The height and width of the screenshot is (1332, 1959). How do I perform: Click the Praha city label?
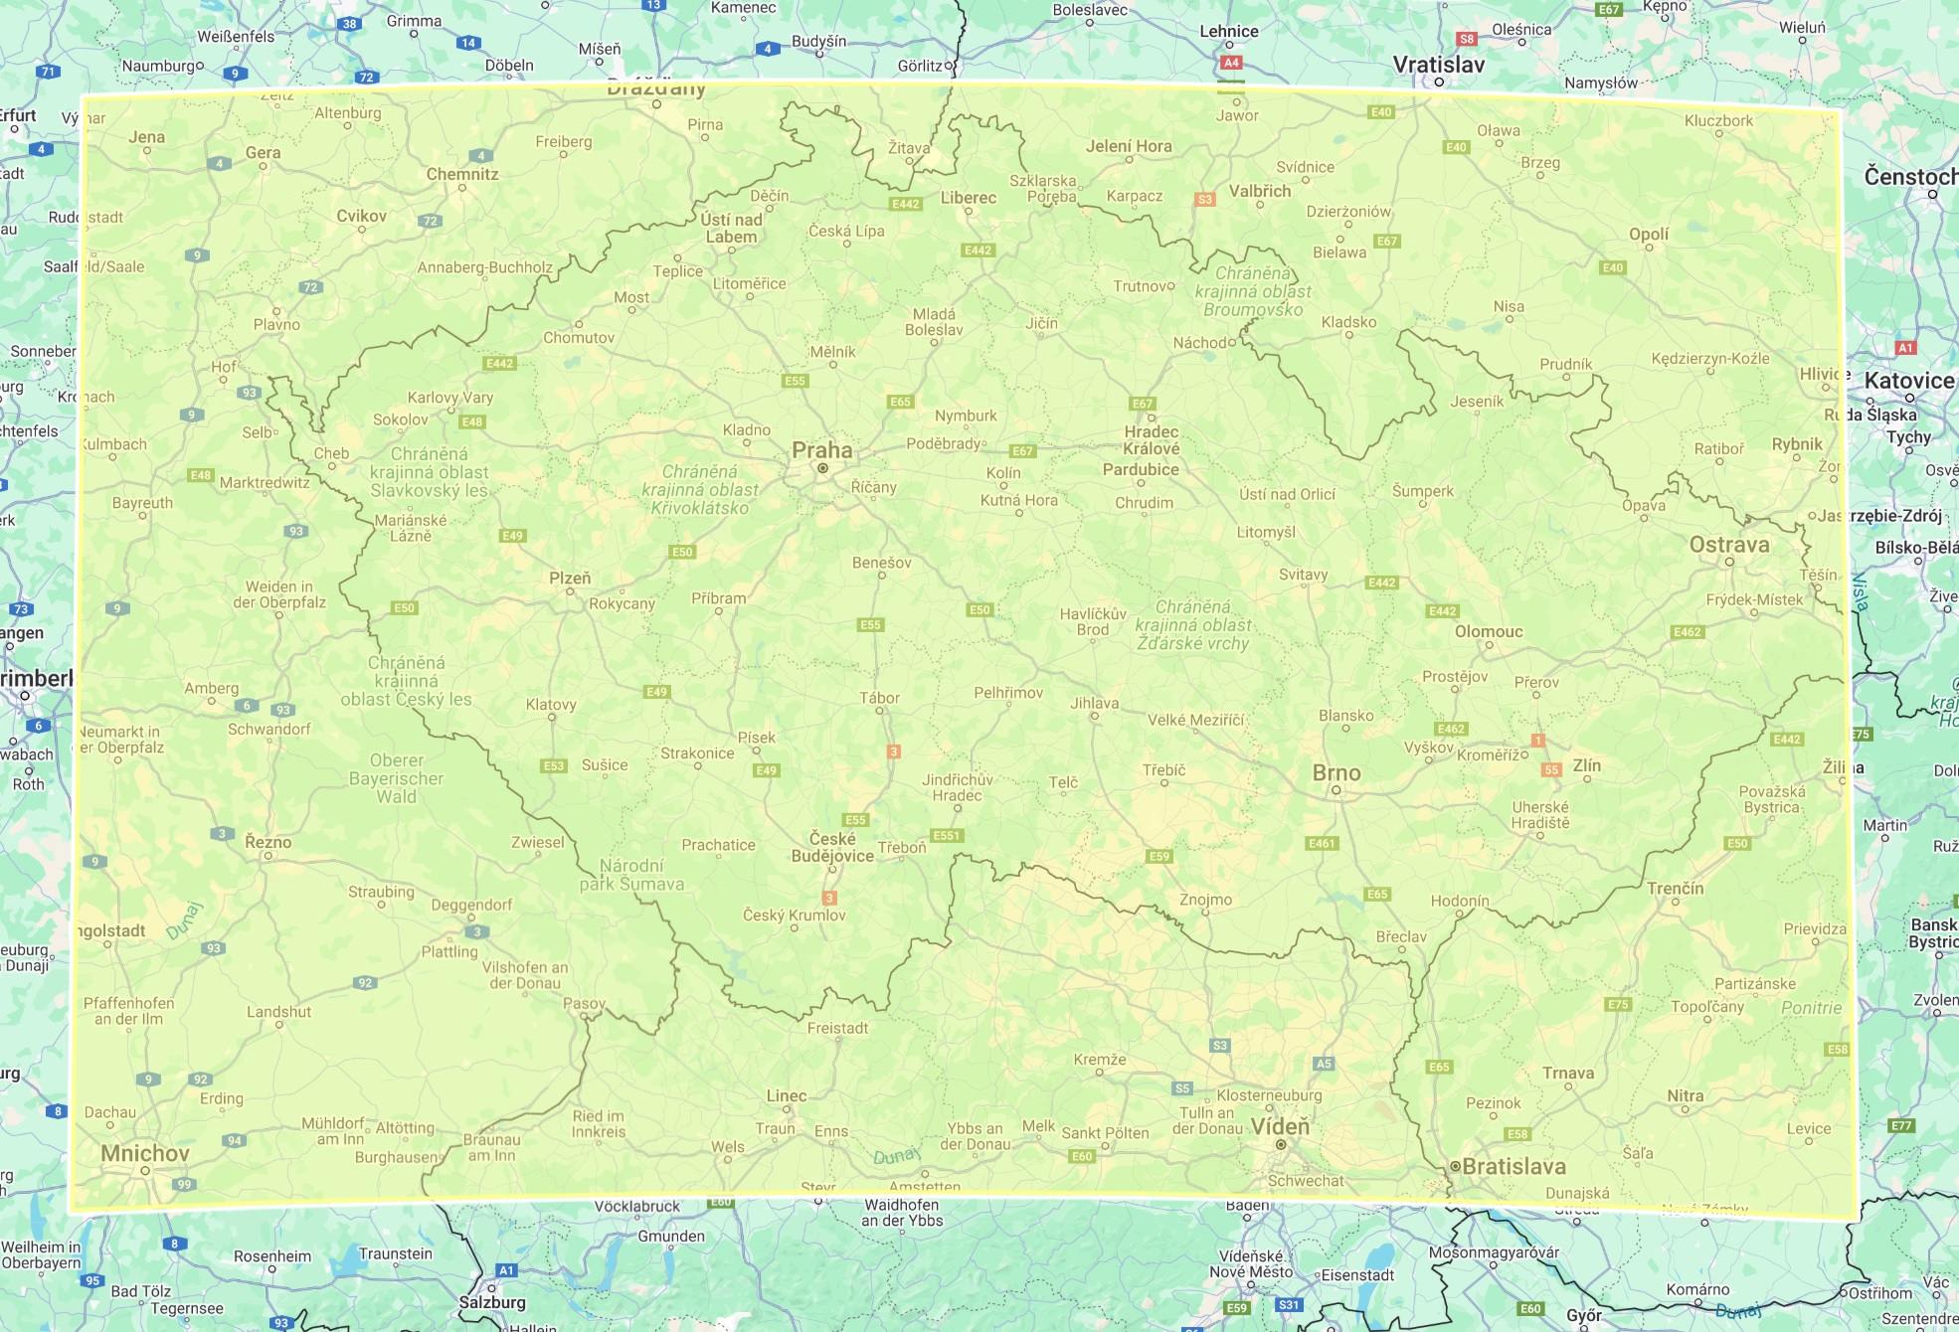click(x=821, y=450)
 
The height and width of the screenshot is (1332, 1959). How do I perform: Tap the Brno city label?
click(x=1336, y=772)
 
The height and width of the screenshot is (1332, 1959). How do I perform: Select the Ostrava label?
click(x=1728, y=545)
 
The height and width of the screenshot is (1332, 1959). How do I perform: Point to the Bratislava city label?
click(x=1514, y=1166)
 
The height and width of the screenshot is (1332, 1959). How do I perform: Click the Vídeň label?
click(x=1280, y=1126)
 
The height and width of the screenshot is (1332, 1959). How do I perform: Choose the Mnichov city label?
click(x=145, y=1153)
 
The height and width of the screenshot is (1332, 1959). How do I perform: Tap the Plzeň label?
click(x=570, y=578)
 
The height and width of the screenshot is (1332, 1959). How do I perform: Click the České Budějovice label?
click(x=832, y=847)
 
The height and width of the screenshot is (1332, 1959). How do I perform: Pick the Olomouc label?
click(x=1488, y=631)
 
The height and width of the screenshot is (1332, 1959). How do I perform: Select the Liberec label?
click(x=968, y=197)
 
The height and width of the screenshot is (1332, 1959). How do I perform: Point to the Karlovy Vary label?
click(x=449, y=397)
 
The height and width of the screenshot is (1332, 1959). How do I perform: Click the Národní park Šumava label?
click(x=631, y=875)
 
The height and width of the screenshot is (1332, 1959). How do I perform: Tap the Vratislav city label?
click(x=1438, y=65)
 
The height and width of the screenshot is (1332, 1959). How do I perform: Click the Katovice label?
click(x=1908, y=380)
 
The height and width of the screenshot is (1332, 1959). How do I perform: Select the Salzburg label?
click(x=491, y=1302)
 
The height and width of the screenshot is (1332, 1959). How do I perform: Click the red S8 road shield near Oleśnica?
click(x=1466, y=39)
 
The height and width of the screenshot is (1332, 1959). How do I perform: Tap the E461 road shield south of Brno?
click(x=1321, y=843)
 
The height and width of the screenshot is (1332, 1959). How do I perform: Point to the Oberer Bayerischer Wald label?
click(x=396, y=778)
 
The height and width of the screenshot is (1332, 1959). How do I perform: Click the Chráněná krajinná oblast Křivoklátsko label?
click(x=699, y=489)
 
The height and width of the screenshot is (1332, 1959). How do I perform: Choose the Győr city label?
click(x=1583, y=1315)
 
